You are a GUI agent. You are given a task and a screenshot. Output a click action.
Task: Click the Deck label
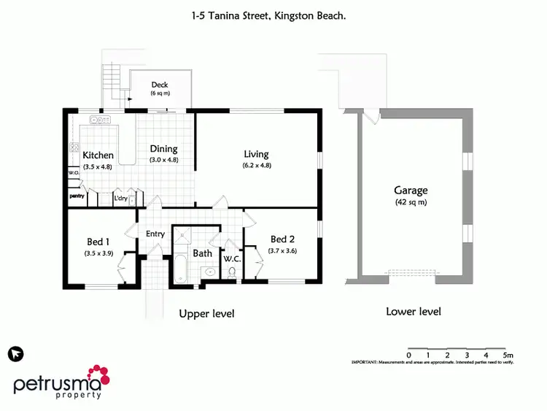pos(160,85)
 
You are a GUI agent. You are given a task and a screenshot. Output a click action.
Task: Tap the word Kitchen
pos(98,155)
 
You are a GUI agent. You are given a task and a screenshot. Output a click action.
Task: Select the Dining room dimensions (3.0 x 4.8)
pos(163,160)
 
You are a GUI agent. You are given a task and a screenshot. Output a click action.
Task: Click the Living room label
pos(256,154)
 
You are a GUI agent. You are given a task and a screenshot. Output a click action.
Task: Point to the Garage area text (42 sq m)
pos(411,202)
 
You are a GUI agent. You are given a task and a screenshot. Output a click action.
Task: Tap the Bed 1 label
pos(98,242)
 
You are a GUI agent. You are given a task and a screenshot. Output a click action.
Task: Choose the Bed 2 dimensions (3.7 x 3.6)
pos(283,250)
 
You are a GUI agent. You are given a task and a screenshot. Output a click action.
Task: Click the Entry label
pos(155,234)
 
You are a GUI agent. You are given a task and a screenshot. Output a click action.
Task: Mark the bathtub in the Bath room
pos(180,269)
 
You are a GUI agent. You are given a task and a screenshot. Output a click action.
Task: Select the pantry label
pos(77,196)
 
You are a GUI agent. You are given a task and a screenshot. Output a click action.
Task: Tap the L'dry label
pos(120,197)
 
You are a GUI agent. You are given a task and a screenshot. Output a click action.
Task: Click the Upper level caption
pos(206,314)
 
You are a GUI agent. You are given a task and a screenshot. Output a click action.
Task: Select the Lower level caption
pos(413,312)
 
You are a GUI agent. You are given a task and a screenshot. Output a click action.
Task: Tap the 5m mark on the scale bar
pos(508,355)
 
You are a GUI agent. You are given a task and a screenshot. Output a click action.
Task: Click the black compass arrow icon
pos(15,354)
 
